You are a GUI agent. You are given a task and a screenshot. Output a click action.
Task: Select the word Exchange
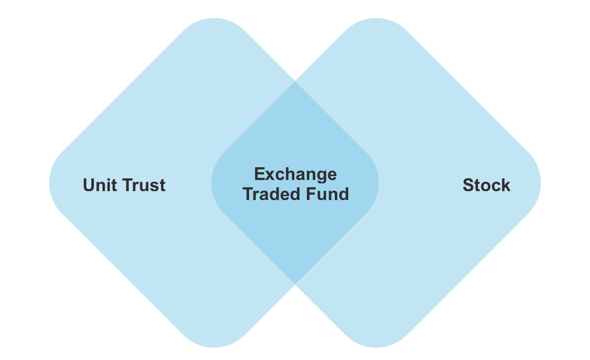pos(295,174)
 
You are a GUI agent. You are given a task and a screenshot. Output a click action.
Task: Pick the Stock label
pos(486,185)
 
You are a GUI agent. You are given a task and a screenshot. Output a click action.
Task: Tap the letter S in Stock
pos(469,185)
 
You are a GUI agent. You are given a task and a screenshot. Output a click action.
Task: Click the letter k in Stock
pos(505,185)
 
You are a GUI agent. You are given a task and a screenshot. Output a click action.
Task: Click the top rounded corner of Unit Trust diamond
pos(214,20)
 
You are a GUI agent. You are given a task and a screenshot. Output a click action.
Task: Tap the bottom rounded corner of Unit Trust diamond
pos(214,346)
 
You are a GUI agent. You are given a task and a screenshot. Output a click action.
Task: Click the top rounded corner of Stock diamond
pos(376,20)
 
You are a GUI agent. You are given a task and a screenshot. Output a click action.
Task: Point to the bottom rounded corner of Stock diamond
pos(376,346)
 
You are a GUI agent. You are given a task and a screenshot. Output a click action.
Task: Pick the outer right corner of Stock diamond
pos(539,183)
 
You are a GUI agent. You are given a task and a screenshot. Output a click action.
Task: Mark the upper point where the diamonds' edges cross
pos(295,81)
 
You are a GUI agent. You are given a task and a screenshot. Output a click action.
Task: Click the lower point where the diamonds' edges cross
pos(295,284)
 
